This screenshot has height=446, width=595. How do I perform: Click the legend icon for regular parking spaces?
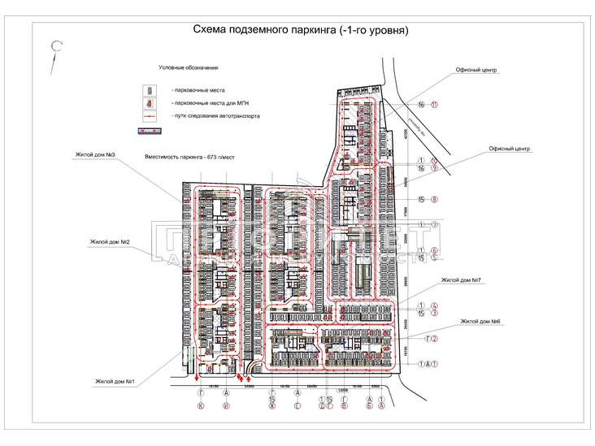pyautogui.click(x=149, y=89)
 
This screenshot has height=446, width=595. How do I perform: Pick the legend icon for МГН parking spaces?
pyautogui.click(x=149, y=103)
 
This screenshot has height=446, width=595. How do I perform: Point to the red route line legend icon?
pyautogui.click(x=149, y=117)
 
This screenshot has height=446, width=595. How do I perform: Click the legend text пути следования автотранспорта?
pyautogui.click(x=217, y=117)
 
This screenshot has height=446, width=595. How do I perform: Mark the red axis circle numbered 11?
pyautogui.click(x=435, y=105)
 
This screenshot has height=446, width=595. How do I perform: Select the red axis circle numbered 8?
pyautogui.click(x=435, y=199)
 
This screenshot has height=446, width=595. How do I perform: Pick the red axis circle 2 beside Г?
pyautogui.click(x=435, y=339)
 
